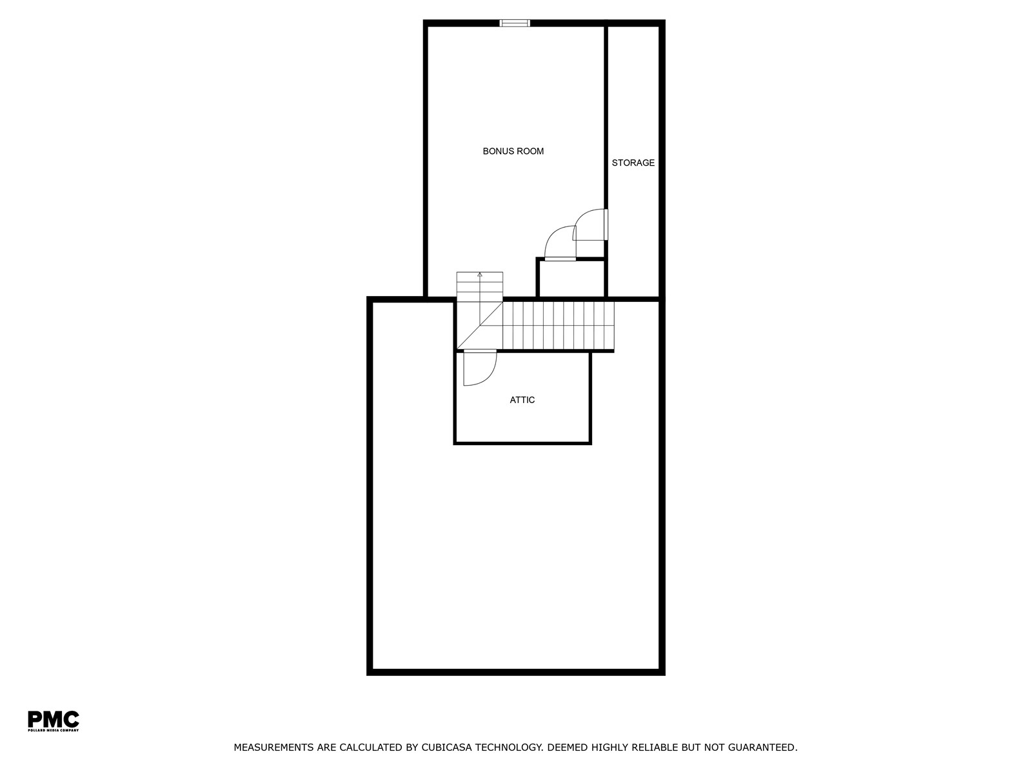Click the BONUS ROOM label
[513, 152]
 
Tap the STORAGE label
[633, 163]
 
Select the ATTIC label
[522, 400]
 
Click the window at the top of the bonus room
[514, 23]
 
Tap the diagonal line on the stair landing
[480, 325]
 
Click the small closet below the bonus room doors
[571, 278]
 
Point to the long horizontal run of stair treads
[558, 326]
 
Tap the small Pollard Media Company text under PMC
[53, 730]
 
